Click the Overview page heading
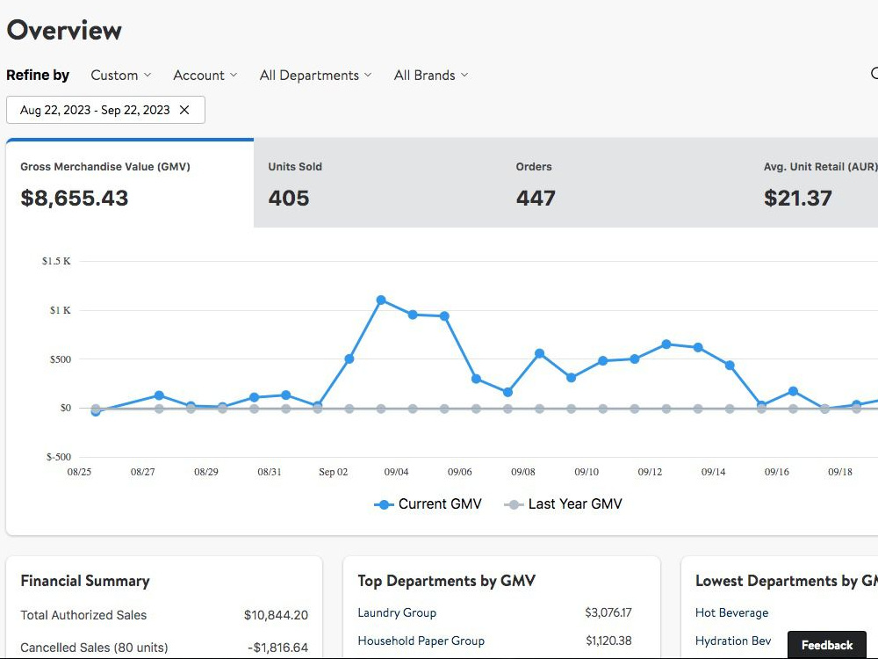64,30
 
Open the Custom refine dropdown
121,75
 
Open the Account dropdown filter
205,75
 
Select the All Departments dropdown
315,75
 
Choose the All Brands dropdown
430,75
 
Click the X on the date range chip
184,110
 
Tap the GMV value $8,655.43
75,198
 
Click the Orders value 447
536,198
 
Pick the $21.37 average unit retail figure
797,198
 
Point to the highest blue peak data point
381,301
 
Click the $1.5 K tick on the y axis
56,261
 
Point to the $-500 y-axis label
58,457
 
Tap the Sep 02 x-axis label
333,472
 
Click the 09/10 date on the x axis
587,472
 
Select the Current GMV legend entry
428,503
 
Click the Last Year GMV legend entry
563,503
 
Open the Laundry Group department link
397,612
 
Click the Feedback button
826,645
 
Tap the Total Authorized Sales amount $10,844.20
276,615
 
